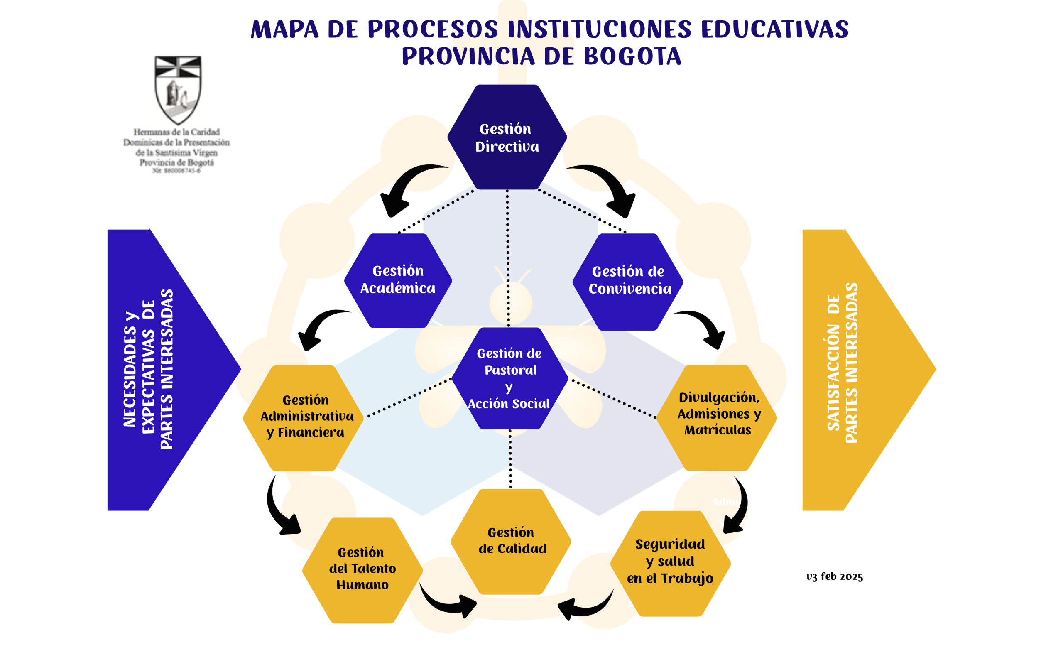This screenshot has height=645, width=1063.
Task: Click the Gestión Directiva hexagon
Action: tap(507, 137)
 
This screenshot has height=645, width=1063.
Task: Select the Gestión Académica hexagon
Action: tap(398, 280)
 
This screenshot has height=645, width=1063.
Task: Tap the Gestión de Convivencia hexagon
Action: tap(628, 281)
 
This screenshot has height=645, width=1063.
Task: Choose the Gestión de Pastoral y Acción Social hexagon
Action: tap(509, 378)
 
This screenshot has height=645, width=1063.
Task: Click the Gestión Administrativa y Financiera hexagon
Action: tap(304, 418)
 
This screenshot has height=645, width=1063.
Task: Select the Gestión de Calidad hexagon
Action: tap(511, 541)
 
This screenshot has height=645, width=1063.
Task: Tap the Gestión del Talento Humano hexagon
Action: tap(362, 569)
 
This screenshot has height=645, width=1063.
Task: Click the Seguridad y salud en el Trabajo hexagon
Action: tap(670, 563)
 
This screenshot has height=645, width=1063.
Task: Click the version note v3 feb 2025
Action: tap(834, 577)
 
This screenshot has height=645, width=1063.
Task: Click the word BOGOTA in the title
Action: tap(632, 56)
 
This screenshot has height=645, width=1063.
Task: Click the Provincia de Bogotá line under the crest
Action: tap(176, 163)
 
